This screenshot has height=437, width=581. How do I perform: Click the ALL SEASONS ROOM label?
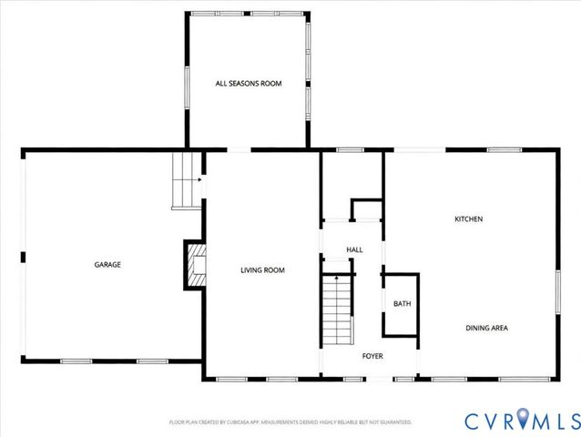coord(248,84)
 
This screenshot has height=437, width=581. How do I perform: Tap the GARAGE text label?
coord(107,265)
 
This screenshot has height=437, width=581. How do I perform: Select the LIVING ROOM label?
coord(263,269)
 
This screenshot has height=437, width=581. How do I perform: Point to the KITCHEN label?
coord(468,219)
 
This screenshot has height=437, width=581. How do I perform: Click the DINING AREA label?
coord(486,328)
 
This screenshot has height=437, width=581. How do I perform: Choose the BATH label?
coord(401,304)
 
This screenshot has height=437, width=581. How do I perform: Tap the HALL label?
coord(354,249)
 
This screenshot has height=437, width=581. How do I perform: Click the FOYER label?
coord(372,355)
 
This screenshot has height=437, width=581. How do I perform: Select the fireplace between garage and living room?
coord(194,264)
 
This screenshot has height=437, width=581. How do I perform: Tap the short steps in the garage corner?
coord(186,180)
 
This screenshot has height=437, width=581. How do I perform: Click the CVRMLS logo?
coord(521,421)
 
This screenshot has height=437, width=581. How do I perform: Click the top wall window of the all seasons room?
coord(248,14)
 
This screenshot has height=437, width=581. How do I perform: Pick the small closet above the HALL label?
coord(365,209)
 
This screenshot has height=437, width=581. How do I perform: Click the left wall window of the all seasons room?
coord(188,82)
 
